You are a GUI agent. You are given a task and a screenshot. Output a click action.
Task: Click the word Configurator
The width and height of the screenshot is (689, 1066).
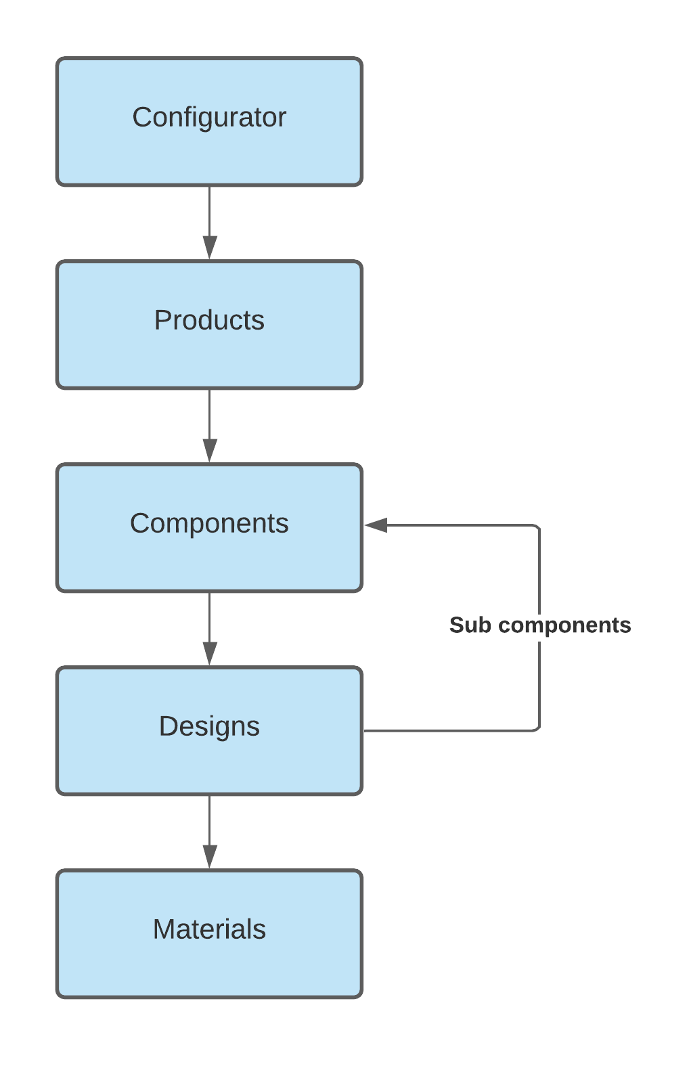209,117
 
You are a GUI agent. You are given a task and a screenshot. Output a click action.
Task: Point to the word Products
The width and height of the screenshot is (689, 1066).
209,320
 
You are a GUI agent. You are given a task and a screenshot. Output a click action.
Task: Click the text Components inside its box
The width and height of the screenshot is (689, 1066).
209,523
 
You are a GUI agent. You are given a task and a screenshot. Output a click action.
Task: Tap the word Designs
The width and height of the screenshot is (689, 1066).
209,726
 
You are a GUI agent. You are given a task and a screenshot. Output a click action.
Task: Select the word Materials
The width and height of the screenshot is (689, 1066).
209,929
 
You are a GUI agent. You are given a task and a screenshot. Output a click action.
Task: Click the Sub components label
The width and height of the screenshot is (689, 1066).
539,625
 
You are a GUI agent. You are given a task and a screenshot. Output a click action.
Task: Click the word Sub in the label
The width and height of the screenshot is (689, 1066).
470,625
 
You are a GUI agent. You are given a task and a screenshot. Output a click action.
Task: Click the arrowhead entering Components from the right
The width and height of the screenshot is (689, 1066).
376,525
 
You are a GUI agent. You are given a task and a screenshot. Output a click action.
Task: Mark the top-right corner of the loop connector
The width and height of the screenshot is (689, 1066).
538,527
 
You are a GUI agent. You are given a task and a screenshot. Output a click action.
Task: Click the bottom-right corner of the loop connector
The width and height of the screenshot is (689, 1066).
538,730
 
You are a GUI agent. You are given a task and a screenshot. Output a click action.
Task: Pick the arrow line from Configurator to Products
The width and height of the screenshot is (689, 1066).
210,210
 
